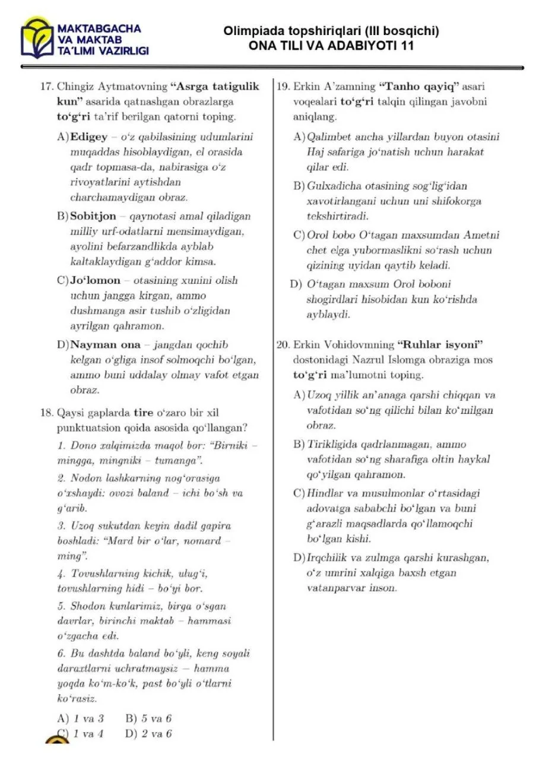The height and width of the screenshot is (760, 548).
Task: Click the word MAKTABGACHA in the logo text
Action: (x=99, y=28)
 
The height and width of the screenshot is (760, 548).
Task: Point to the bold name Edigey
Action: (x=89, y=137)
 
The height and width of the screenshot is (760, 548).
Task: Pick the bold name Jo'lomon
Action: (x=95, y=280)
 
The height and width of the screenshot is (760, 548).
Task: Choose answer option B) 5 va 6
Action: (x=148, y=718)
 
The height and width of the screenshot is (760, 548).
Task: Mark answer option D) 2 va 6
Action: (x=148, y=734)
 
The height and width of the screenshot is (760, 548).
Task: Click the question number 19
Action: (x=284, y=87)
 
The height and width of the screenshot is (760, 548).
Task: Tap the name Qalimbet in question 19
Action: (x=329, y=137)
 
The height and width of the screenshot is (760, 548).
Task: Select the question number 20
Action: (x=284, y=344)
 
